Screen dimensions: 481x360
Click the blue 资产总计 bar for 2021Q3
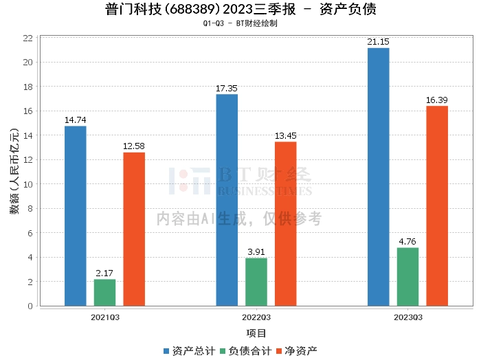click(x=76, y=216)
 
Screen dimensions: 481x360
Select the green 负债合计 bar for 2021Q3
click(x=105, y=293)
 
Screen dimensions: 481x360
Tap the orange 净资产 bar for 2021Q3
click(x=134, y=229)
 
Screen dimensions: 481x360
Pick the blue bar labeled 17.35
click(x=227, y=200)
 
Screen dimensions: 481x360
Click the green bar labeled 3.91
click(x=256, y=282)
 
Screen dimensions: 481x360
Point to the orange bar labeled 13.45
click(x=286, y=224)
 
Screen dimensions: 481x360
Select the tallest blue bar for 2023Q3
click(x=379, y=177)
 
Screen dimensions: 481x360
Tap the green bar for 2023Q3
click(x=407, y=277)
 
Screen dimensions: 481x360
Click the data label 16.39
click(x=437, y=100)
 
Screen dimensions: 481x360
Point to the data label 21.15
click(x=378, y=42)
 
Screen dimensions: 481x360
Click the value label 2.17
click(x=104, y=273)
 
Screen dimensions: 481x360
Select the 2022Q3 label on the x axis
click(x=256, y=317)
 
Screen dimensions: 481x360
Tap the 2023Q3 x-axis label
click(x=408, y=317)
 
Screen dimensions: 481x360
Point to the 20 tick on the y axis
click(x=28, y=63)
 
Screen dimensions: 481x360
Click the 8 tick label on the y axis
click(x=30, y=209)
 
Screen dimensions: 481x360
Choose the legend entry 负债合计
click(x=246, y=351)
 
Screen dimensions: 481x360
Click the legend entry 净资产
click(x=297, y=351)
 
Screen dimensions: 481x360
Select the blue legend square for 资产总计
click(x=166, y=351)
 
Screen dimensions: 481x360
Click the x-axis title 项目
click(x=256, y=333)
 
